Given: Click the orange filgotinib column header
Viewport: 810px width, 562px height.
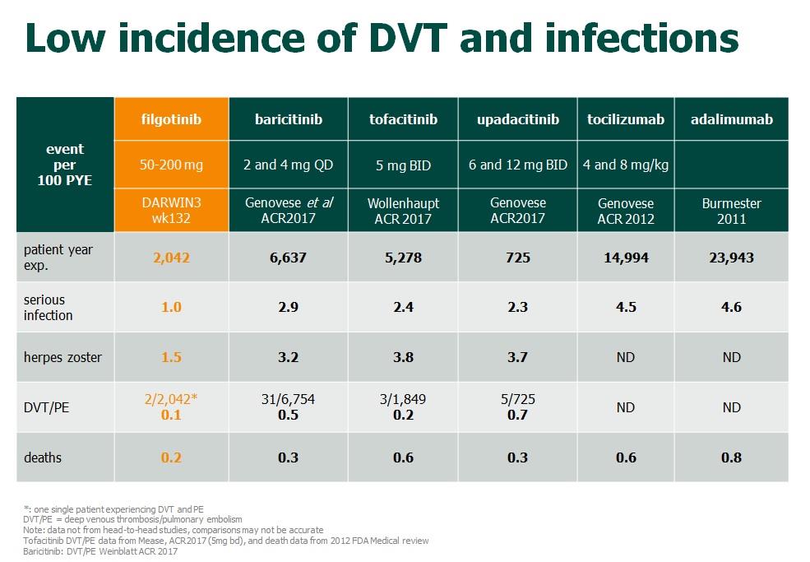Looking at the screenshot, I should [x=170, y=120].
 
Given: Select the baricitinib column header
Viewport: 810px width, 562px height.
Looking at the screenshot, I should [x=288, y=120].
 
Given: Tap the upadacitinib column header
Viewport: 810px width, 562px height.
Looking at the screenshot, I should [x=517, y=120].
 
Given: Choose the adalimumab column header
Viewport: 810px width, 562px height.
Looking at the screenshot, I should [x=731, y=120].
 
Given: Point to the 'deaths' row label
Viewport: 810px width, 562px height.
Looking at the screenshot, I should [x=42, y=457].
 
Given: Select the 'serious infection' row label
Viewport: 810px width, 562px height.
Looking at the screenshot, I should [x=49, y=307].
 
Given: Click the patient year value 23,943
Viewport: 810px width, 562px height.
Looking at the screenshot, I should [x=731, y=258].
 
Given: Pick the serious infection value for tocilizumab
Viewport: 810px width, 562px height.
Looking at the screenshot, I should [x=626, y=307].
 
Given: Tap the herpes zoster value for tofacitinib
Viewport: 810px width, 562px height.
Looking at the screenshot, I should [x=403, y=357].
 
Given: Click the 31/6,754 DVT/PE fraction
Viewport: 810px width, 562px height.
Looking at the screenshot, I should [x=288, y=399].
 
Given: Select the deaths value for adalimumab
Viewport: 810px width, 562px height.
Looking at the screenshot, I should [x=731, y=457].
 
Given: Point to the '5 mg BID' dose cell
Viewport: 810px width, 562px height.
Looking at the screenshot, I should [x=403, y=165].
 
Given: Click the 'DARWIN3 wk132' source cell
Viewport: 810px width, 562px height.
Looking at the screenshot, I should [x=170, y=211].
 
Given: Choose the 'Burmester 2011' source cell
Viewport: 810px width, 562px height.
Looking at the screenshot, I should [x=731, y=211].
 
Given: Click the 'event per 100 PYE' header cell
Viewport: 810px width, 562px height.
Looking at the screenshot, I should [x=65, y=165].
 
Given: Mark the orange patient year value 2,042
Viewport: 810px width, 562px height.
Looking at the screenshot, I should [x=170, y=258].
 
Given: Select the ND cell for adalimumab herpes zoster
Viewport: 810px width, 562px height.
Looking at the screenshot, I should [x=731, y=357].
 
